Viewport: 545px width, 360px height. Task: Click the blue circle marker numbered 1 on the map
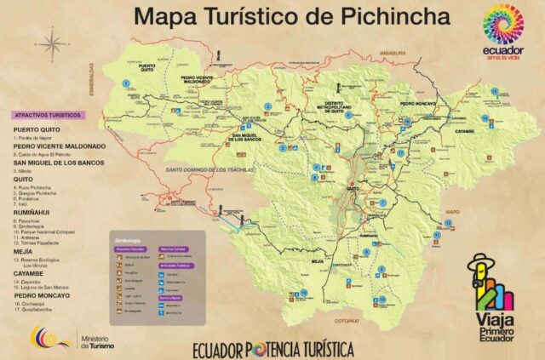(x=126, y=83)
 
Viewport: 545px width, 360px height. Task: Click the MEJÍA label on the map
(x=318, y=260)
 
